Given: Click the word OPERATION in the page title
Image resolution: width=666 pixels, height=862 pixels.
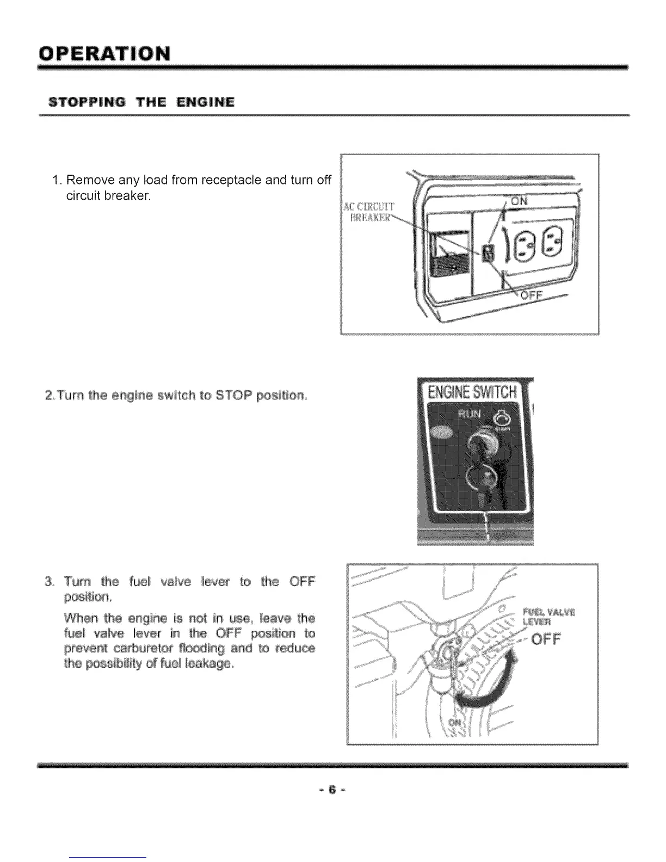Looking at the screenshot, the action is (x=103, y=54).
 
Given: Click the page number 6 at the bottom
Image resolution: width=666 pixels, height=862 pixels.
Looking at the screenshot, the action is (x=332, y=789).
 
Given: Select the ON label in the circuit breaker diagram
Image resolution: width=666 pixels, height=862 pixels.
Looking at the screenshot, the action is (x=520, y=201).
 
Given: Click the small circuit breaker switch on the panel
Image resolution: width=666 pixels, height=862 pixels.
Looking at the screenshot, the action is (x=489, y=253).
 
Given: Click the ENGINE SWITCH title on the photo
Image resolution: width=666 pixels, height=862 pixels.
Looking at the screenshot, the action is (x=472, y=391).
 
